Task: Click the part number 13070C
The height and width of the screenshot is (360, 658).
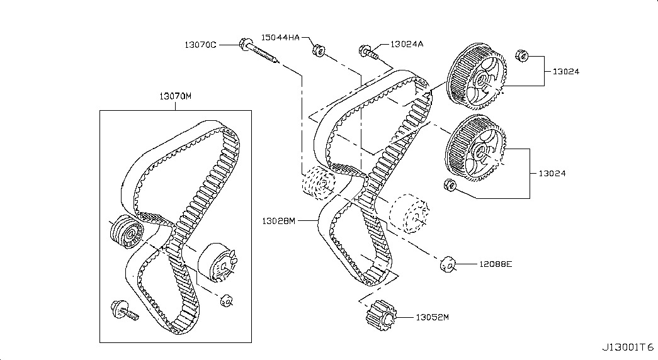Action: (201, 45)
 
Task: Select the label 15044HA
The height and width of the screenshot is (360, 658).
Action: (280, 37)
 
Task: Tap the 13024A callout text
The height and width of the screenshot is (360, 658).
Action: (407, 43)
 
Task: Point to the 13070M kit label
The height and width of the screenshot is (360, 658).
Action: (176, 96)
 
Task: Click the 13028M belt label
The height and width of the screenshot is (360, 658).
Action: (279, 221)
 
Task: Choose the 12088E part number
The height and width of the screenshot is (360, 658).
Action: (496, 264)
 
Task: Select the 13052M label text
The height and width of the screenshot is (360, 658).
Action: (432, 317)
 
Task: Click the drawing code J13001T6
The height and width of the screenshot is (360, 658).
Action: (628, 347)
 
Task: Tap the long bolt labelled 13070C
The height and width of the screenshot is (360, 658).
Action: (259, 52)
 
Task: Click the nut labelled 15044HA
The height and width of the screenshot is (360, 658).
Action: (319, 51)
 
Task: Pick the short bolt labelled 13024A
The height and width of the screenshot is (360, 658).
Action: (368, 52)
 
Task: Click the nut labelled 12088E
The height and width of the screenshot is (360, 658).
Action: (447, 264)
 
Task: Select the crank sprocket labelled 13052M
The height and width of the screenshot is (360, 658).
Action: (381, 315)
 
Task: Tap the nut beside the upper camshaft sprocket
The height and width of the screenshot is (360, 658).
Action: (521, 56)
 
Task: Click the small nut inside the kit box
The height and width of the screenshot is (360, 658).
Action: (226, 300)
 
